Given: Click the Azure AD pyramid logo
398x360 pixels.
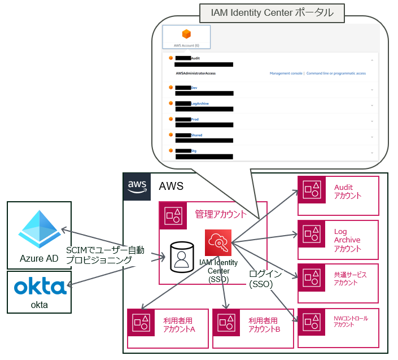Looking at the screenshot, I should coord(40,227).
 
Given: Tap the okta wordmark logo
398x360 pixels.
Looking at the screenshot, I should coord(40,287).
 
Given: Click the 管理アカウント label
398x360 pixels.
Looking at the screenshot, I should coord(221,214).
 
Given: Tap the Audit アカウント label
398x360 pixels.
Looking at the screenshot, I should coord(348,192).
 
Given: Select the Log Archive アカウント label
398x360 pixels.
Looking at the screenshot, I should coord(347,240).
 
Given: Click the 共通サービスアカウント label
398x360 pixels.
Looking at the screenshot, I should coord(350,279).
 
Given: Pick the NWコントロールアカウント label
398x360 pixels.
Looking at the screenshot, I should coord(351,321).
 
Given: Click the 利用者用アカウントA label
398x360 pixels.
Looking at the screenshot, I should coord(175,326).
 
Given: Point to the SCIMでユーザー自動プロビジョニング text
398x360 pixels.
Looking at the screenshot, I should coord(105,255).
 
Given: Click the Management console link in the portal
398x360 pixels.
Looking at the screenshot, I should coord(286,73).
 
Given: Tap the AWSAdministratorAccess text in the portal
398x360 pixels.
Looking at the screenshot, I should coord(195,73).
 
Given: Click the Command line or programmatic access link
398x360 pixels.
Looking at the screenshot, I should coord(336,73).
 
